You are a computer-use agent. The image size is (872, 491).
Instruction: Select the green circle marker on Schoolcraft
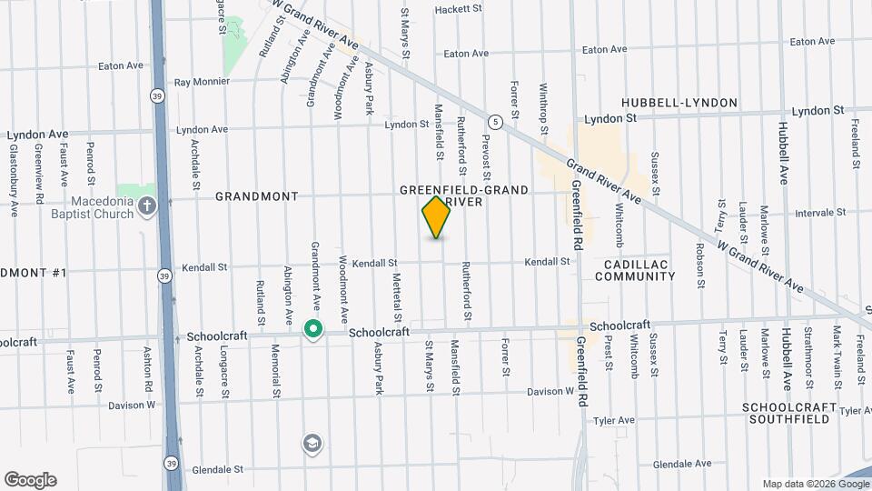pyautogui.click(x=313, y=329)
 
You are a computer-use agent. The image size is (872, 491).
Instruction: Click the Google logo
pyautogui.click(x=30, y=480)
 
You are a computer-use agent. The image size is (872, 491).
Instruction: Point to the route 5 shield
pyautogui.click(x=494, y=121)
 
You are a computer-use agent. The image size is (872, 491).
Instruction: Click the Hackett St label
pyautogui.click(x=457, y=9)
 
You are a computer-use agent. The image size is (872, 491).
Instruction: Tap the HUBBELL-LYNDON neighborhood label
pyautogui.click(x=679, y=103)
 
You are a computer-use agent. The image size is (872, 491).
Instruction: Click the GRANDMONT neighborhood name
pyautogui.click(x=244, y=196)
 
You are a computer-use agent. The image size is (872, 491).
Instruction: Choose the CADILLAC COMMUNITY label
pyautogui.click(x=637, y=269)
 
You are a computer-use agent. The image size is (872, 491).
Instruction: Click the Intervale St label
pyautogui.click(x=819, y=213)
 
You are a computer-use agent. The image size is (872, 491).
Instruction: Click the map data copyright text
pyautogui.click(x=814, y=484)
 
